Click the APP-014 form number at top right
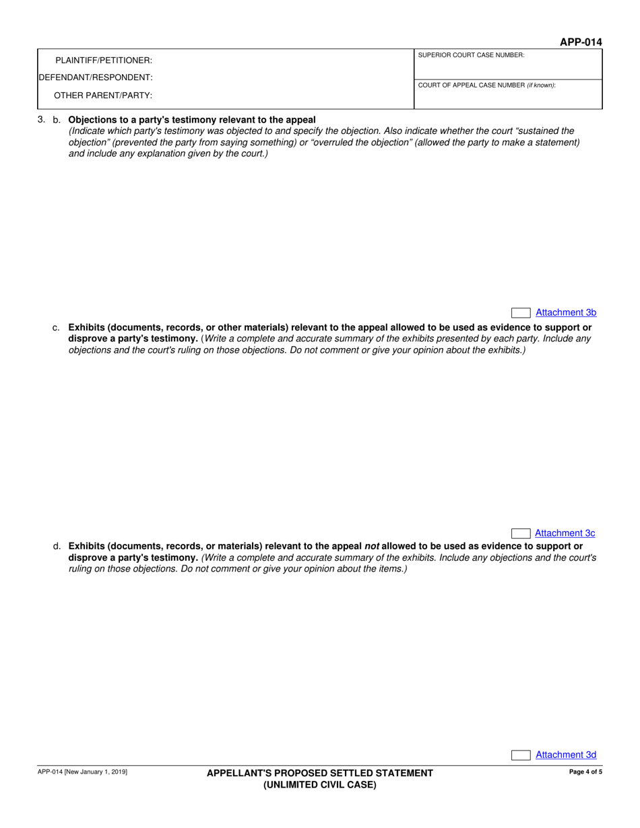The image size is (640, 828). pos(581,42)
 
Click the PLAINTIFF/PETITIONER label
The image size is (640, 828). pos(104,61)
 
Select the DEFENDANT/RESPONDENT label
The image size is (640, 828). pos(96,77)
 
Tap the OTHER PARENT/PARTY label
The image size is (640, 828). pos(103,95)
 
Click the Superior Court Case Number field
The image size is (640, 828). pos(508,68)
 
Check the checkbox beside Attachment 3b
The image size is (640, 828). pos(521,313)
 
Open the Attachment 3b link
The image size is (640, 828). pos(565,312)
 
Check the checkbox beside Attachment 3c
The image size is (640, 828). pos(521,534)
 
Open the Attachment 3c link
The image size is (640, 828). pos(565,533)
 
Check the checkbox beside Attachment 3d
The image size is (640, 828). pos(521,755)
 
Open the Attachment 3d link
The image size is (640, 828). pos(565,755)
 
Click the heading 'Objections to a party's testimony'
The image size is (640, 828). pos(192,120)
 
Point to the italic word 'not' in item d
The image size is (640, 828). pos(372,547)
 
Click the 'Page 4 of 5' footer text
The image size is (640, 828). pos(585,772)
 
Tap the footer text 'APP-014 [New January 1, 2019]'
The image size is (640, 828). pos(82,772)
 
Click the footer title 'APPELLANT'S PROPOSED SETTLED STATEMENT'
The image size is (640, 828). pos(320,773)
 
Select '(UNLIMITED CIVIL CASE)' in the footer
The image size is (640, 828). pos(320,784)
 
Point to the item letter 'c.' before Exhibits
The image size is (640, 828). pos(56,328)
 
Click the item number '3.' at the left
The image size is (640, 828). pos(42,120)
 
